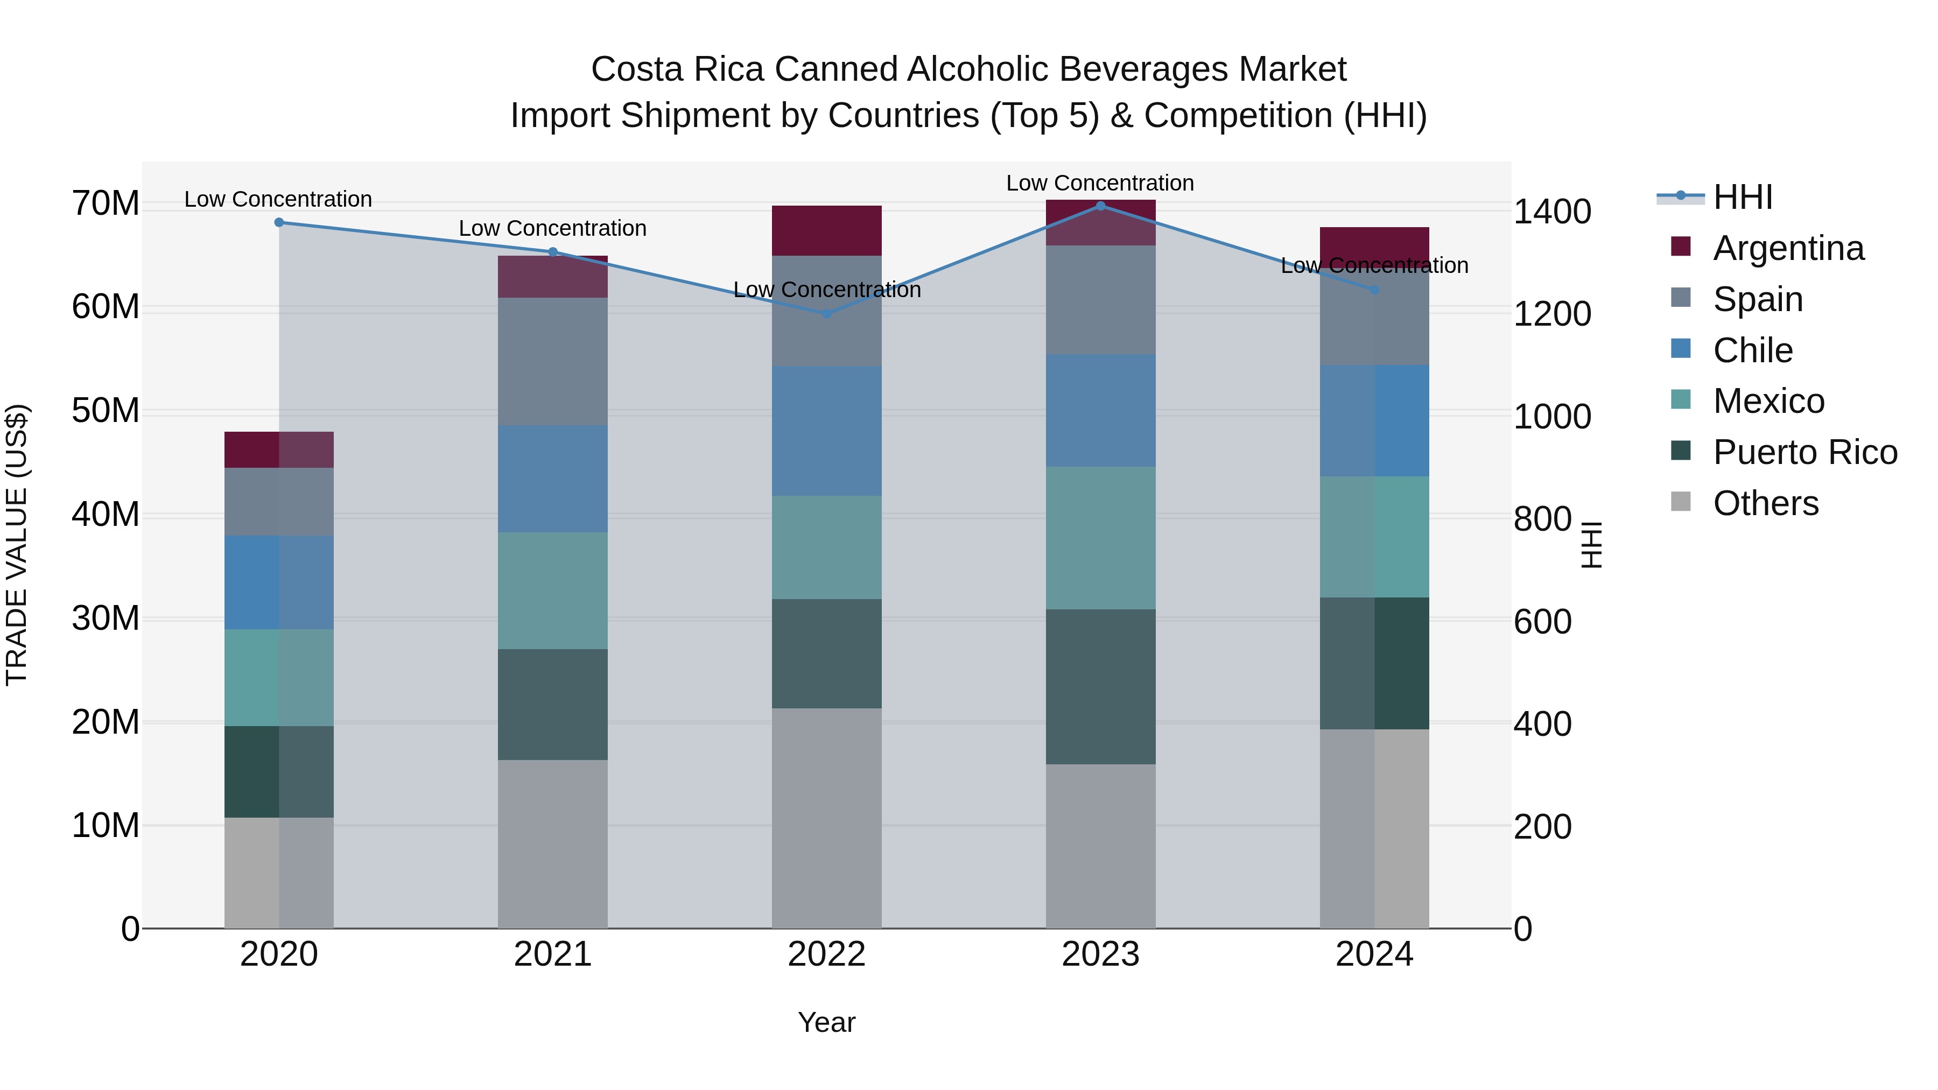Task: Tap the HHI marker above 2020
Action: click(279, 223)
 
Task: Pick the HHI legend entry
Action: click(1743, 197)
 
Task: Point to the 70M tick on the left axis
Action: click(106, 204)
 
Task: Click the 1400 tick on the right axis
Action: click(1551, 212)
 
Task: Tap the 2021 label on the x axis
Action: click(552, 954)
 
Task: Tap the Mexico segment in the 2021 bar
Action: click(552, 590)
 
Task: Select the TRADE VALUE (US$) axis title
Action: click(17, 545)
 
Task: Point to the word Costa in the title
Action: click(638, 69)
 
